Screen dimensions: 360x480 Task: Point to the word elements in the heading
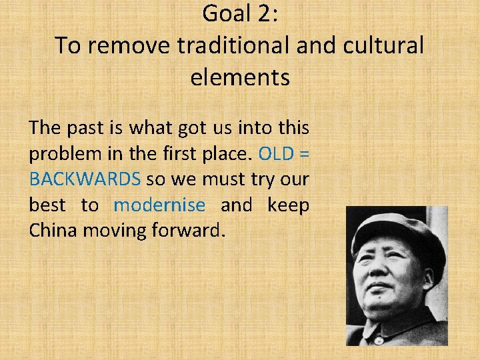click(x=240, y=77)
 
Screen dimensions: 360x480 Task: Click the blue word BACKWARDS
click(x=85, y=179)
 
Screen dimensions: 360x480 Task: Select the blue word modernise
click(x=159, y=205)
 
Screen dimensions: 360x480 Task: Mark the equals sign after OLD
click(x=305, y=154)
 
